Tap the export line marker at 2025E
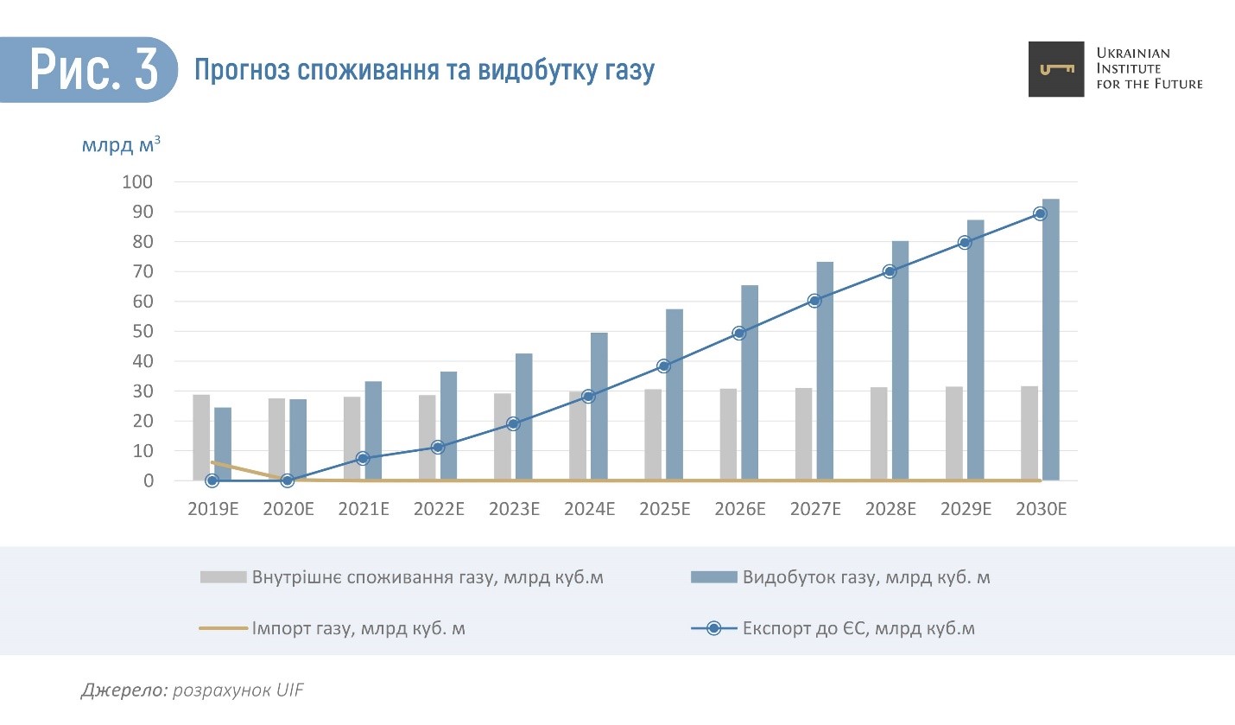pyautogui.click(x=663, y=366)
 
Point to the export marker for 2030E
pyautogui.click(x=1040, y=213)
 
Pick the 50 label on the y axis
pyautogui.click(x=142, y=332)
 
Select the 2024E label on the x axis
pyautogui.click(x=589, y=510)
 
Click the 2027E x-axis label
pyautogui.click(x=815, y=510)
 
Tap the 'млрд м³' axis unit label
pyautogui.click(x=121, y=144)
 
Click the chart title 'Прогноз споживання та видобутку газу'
pyautogui.click(x=423, y=70)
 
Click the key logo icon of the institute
pyautogui.click(x=1055, y=69)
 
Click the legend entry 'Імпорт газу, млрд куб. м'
pyautogui.click(x=358, y=628)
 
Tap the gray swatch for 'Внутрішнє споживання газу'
pyautogui.click(x=223, y=577)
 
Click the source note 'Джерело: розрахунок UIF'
pyautogui.click(x=193, y=690)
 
